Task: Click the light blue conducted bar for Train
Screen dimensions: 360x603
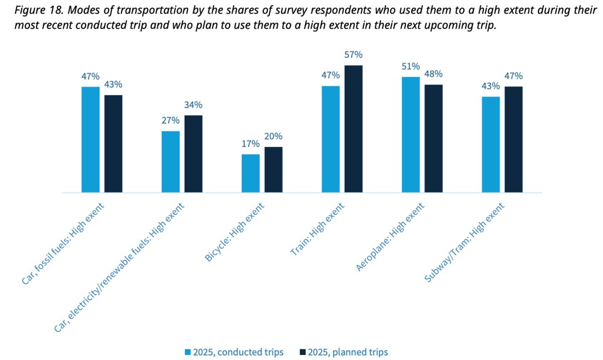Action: point(331,139)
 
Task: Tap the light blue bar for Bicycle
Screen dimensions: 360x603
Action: point(251,173)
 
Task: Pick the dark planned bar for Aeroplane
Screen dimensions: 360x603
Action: point(433,138)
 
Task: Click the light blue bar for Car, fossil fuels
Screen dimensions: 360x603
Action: point(90,139)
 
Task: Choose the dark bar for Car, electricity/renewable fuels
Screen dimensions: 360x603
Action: point(193,153)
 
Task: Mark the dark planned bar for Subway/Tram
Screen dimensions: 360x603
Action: point(514,139)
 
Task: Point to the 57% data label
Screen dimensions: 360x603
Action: point(353,55)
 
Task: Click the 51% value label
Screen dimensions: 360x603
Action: point(411,67)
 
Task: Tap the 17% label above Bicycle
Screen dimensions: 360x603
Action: point(251,144)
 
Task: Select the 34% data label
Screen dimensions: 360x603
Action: point(193,105)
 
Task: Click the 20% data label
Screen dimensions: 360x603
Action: point(273,136)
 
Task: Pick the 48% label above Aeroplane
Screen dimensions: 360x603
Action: point(433,74)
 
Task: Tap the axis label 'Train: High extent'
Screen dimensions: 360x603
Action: point(319,229)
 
